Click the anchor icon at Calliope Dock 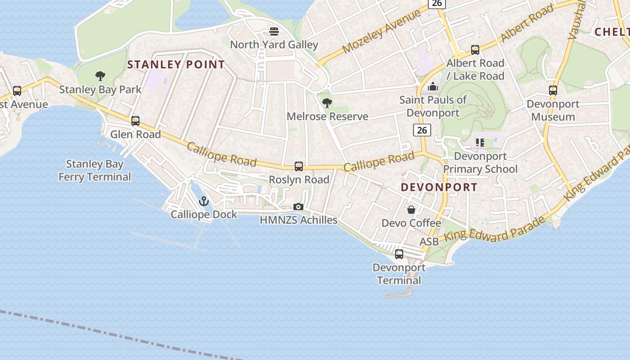coord(204,201)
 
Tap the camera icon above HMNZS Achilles coord(298,207)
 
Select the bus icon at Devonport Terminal coord(399,254)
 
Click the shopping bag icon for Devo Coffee coord(411,210)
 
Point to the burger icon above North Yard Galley coord(274,31)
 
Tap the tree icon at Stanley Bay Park coord(100,76)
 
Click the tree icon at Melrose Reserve coord(327,103)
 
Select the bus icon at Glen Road coord(135,121)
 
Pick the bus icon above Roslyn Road coord(299,166)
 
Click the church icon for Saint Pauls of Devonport coord(433,86)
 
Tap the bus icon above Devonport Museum coord(553,90)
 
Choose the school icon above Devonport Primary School coord(480,143)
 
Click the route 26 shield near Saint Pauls coord(422,130)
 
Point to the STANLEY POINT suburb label coord(176,65)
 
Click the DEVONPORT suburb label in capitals coord(439,187)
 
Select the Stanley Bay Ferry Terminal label coord(94,171)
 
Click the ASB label coord(429,242)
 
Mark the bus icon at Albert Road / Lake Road coord(475,50)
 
